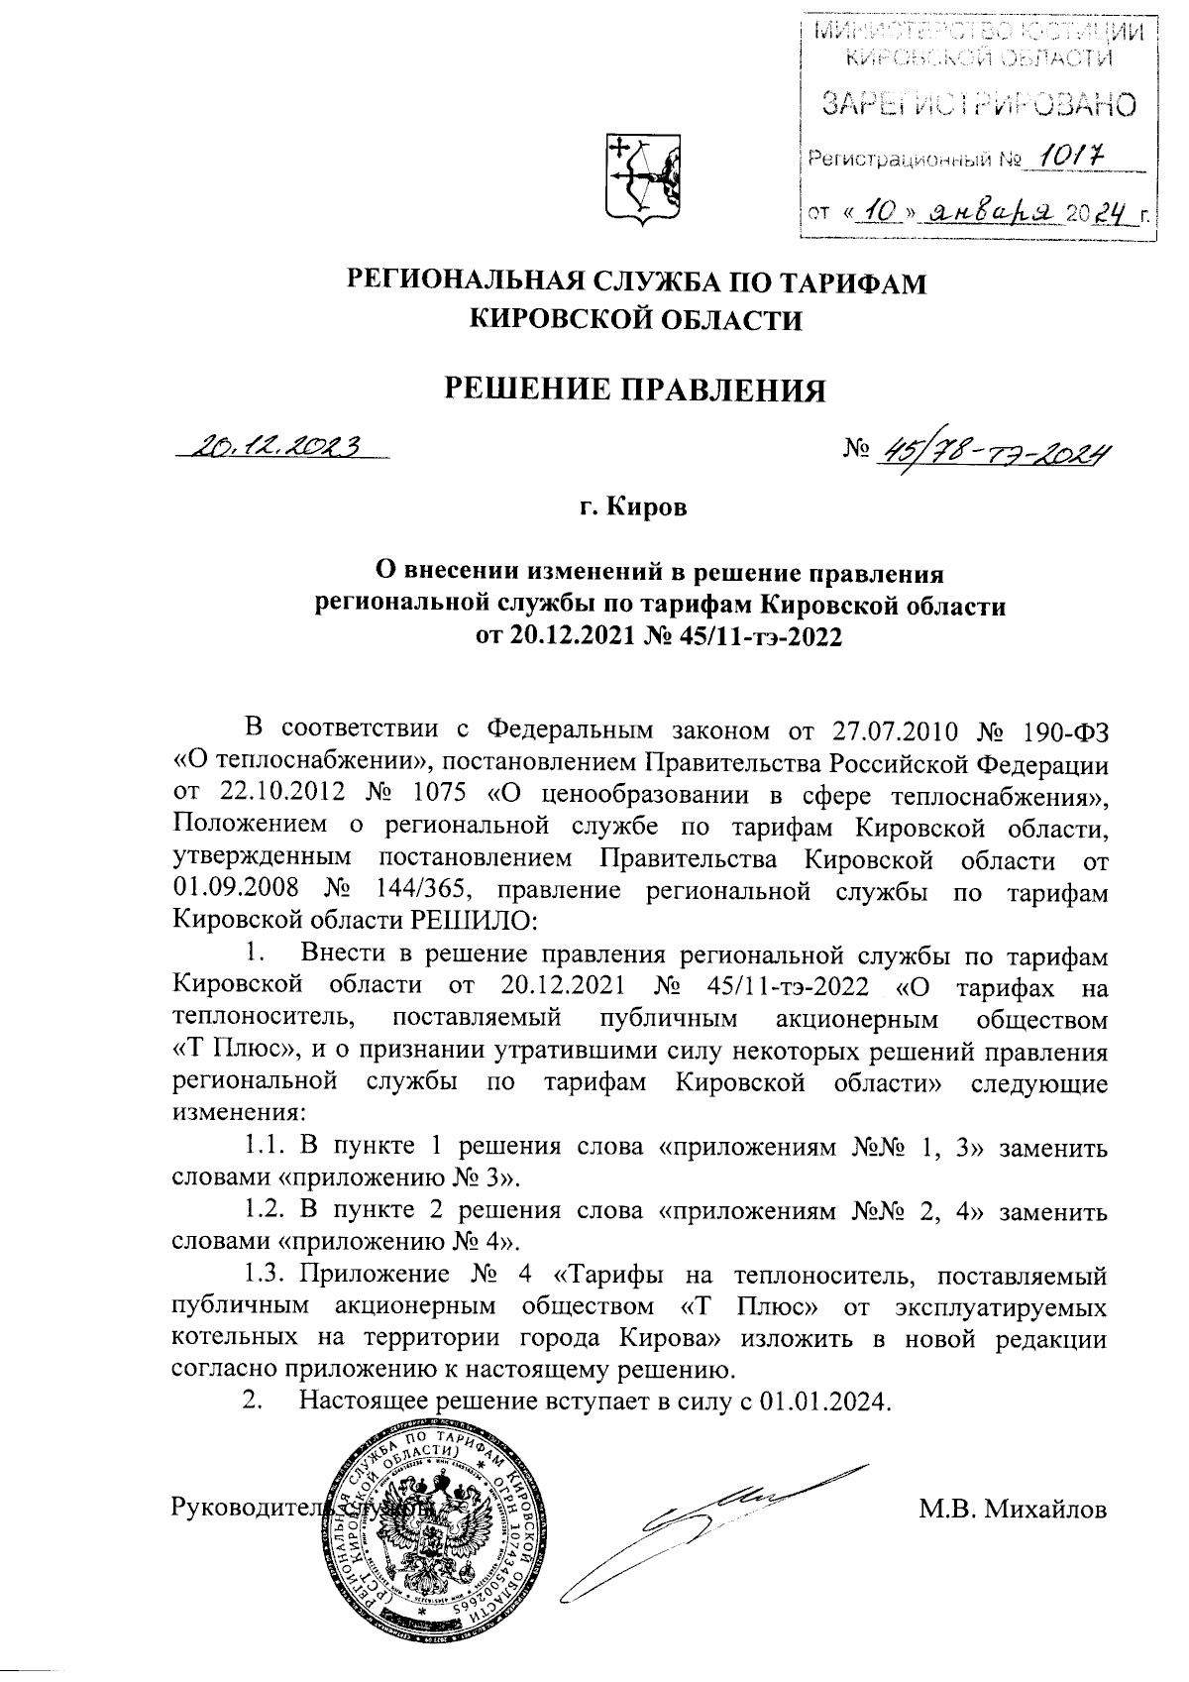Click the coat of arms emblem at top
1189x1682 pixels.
642,178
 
